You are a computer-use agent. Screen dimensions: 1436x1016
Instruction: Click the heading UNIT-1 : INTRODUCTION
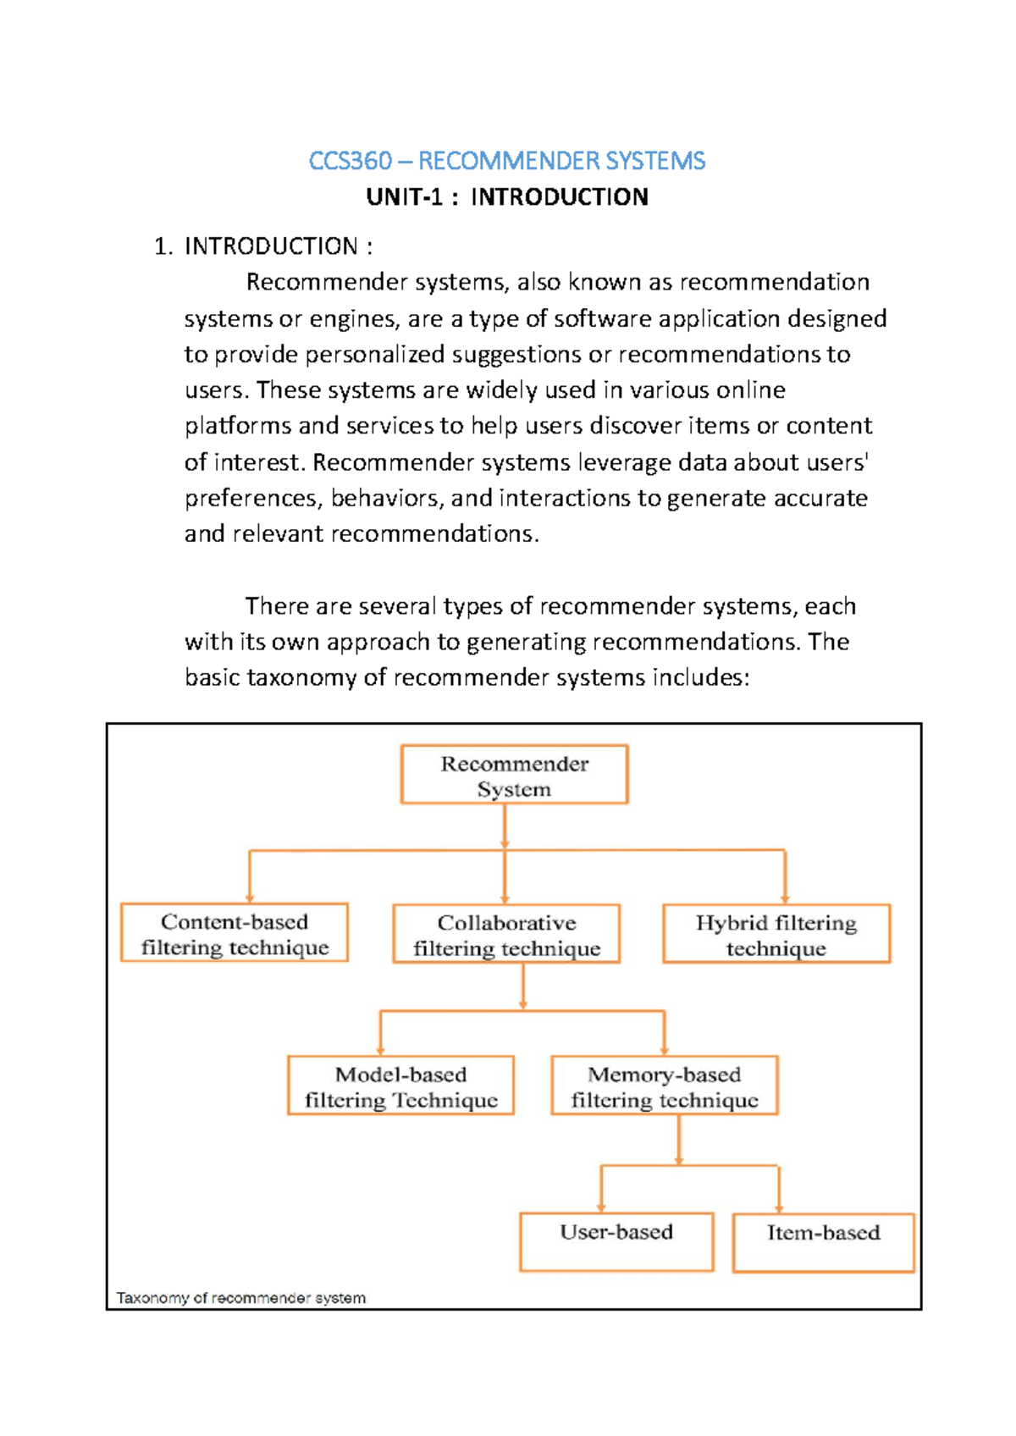(506, 197)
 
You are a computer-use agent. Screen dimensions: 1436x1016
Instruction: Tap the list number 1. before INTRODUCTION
(163, 246)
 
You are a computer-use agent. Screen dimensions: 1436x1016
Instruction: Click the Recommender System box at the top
(514, 775)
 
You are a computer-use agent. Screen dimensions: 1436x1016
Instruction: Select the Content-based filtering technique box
(235, 933)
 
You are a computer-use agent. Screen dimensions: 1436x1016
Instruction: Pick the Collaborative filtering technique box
(506, 934)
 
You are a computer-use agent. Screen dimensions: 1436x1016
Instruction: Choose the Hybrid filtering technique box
(776, 934)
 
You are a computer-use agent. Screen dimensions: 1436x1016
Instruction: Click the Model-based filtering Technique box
(400, 1085)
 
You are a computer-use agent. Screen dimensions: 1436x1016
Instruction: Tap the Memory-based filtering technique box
(664, 1085)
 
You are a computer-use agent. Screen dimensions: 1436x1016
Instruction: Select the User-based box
(616, 1242)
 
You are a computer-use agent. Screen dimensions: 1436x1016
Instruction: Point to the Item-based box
(823, 1243)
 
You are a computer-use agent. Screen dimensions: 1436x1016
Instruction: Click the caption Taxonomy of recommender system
(241, 1297)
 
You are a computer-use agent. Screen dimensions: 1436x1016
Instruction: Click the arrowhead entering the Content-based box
(250, 897)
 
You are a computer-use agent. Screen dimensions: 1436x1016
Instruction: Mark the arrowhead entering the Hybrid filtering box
(785, 898)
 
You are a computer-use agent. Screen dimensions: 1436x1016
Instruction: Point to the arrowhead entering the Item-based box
(779, 1209)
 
